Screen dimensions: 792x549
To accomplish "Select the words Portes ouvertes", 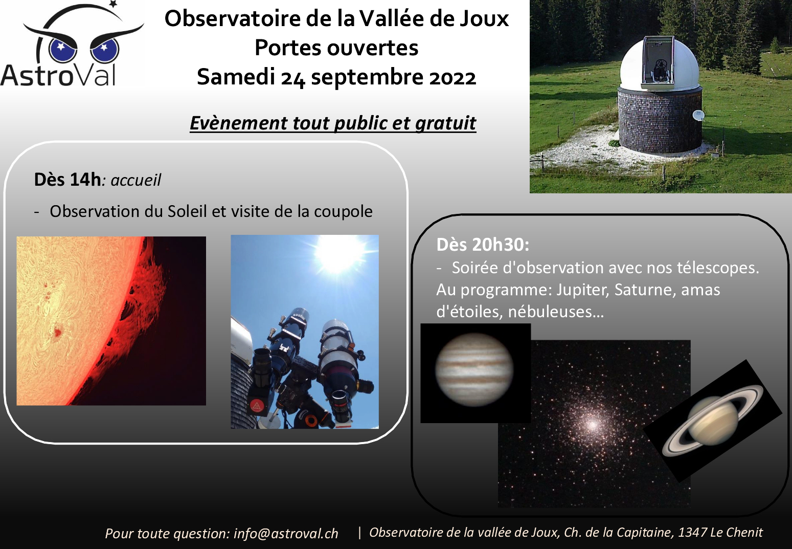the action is tap(336, 48).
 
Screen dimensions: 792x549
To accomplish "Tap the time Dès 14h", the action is tap(67, 180).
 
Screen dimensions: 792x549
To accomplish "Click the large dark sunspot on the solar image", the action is tap(57, 332).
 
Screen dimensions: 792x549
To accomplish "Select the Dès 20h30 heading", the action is tap(483, 245).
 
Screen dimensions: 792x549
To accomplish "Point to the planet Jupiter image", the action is tap(474, 369).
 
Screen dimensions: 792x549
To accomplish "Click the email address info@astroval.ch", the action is tap(286, 534).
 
